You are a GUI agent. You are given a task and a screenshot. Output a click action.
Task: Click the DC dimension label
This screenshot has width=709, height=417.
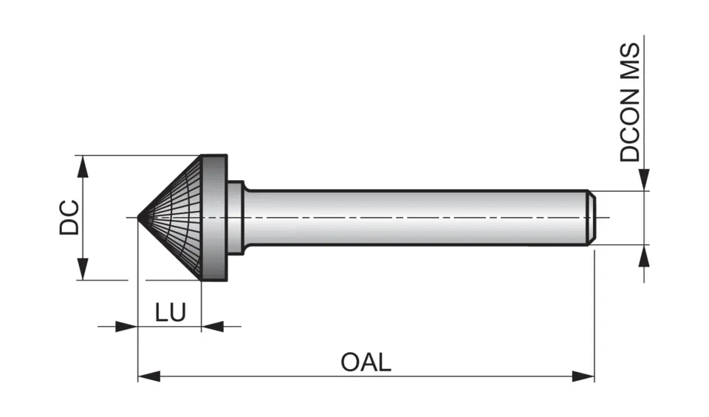[x=69, y=218]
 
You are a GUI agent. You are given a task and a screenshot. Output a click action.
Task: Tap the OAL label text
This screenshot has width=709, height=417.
[x=366, y=362]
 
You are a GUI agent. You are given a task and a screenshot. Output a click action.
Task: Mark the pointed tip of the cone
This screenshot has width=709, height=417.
[x=140, y=218]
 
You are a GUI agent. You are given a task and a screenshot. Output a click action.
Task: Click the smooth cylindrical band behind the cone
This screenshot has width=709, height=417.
[x=214, y=218]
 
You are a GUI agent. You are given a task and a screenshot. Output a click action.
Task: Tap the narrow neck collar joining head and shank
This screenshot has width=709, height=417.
[x=236, y=218]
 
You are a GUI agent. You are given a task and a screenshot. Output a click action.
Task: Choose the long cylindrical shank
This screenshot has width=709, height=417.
[x=414, y=218]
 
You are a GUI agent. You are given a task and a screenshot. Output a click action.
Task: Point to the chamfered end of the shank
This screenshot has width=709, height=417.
[x=592, y=218]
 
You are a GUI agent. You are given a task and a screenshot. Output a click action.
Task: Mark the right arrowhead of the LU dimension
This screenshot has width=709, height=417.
[x=213, y=325]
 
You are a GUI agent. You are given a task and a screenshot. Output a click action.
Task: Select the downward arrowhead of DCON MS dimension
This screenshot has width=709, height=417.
[x=645, y=180]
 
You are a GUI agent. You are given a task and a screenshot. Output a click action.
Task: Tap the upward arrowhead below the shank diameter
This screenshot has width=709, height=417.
[x=645, y=255]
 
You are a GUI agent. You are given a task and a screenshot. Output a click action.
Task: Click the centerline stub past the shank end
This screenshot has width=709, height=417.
[x=603, y=218]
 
